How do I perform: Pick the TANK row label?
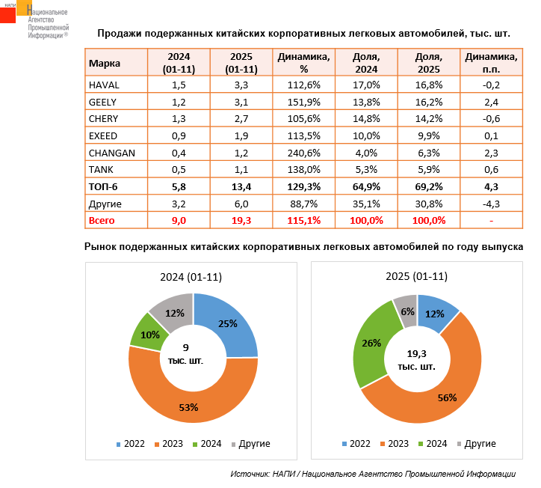click(x=101, y=170)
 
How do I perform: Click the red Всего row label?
click(x=102, y=221)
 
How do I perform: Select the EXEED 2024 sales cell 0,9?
click(x=179, y=135)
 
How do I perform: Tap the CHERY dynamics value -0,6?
click(x=490, y=118)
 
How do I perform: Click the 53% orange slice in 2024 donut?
click(x=188, y=407)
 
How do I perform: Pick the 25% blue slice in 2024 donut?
click(x=228, y=324)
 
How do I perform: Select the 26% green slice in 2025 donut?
click(x=371, y=343)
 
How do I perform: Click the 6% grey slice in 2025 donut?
click(x=407, y=312)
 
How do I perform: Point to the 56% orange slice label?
click(x=447, y=397)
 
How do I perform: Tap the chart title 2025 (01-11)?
click(x=416, y=276)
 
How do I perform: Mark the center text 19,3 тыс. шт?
click(x=416, y=360)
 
